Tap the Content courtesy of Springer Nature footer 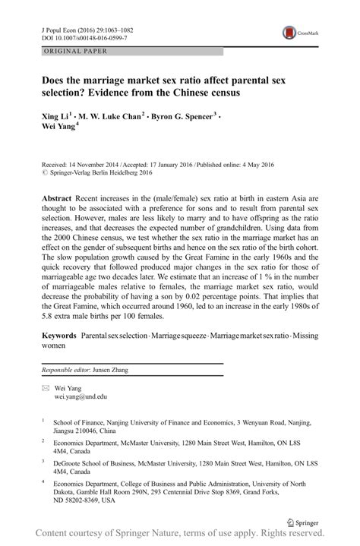pyautogui.click(x=180, y=536)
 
